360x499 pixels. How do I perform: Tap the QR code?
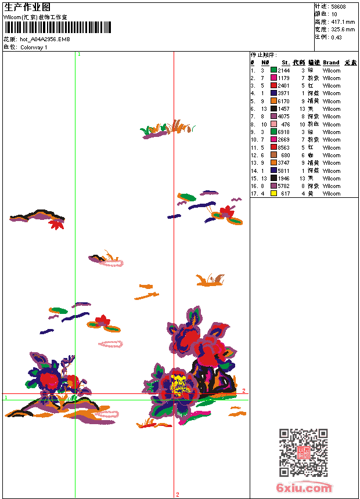[303, 453]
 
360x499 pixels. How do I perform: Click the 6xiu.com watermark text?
[304, 489]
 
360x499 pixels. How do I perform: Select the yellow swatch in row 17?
[273, 194]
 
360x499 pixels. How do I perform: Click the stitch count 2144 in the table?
[283, 70]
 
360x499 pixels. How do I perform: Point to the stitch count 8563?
[283, 147]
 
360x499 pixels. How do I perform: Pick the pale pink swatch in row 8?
[273, 124]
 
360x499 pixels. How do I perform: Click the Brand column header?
[331, 62]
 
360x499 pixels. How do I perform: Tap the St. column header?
[285, 62]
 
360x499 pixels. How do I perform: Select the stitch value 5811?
[283, 171]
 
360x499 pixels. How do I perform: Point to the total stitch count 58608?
[339, 7]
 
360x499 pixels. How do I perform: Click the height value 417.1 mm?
[343, 22]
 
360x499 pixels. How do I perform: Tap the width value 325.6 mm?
[343, 30]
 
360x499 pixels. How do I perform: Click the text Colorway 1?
[34, 47]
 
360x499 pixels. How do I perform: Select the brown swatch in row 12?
[273, 155]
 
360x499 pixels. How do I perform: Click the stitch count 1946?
[283, 178]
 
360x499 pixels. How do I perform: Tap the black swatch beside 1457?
[273, 109]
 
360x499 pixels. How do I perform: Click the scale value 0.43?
[336, 37]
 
